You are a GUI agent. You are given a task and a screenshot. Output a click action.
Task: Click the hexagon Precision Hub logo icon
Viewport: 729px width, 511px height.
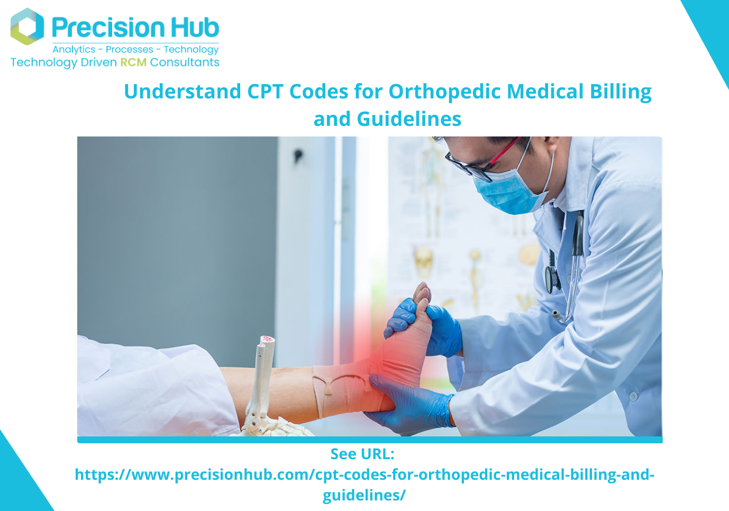(27, 26)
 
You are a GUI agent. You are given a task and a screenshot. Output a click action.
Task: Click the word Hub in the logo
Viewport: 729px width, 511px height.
(194, 28)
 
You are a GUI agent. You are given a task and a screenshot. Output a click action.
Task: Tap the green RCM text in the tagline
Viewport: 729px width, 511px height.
(133, 62)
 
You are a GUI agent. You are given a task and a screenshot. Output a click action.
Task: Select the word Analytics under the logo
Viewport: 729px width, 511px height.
(74, 50)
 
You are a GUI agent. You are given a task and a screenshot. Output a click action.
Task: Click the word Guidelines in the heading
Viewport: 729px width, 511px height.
(409, 120)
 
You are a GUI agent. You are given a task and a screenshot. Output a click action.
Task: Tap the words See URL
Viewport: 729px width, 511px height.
(362, 454)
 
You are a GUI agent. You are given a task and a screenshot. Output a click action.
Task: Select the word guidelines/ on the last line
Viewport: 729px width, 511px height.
(364, 495)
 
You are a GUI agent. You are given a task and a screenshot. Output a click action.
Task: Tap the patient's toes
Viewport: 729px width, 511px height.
(422, 294)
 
